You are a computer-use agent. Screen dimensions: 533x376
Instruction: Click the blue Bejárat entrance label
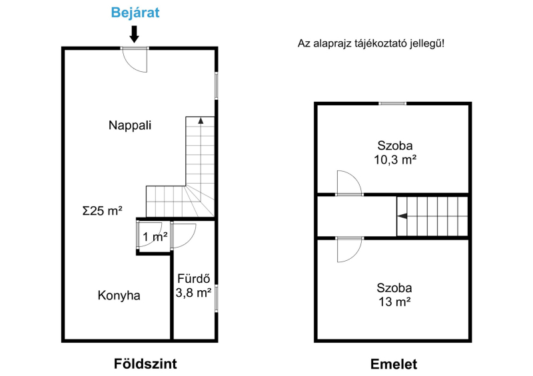coord(135,13)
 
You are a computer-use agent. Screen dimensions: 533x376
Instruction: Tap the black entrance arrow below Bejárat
coord(135,35)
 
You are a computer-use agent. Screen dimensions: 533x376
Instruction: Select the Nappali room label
coord(130,125)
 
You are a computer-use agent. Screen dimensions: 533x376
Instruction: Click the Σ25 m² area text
coord(103,210)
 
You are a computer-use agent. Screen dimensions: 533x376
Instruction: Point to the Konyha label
coord(119,295)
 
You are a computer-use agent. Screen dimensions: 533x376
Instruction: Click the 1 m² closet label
coord(155,237)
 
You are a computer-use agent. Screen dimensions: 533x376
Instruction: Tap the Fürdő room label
coord(194,279)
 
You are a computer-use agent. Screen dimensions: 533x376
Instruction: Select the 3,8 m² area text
coord(193,292)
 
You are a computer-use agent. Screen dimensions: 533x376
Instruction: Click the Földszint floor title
coord(145,364)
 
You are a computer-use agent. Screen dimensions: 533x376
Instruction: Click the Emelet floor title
coord(394,364)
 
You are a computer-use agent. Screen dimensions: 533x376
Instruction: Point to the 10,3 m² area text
coord(395,159)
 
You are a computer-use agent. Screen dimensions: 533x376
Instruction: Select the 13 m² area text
coord(394,301)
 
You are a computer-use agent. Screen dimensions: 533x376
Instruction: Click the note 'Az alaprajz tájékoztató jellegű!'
coord(371,43)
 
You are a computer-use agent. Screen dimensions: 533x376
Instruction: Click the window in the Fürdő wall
coord(216,298)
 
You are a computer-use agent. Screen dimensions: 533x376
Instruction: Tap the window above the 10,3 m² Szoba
coord(392,103)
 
